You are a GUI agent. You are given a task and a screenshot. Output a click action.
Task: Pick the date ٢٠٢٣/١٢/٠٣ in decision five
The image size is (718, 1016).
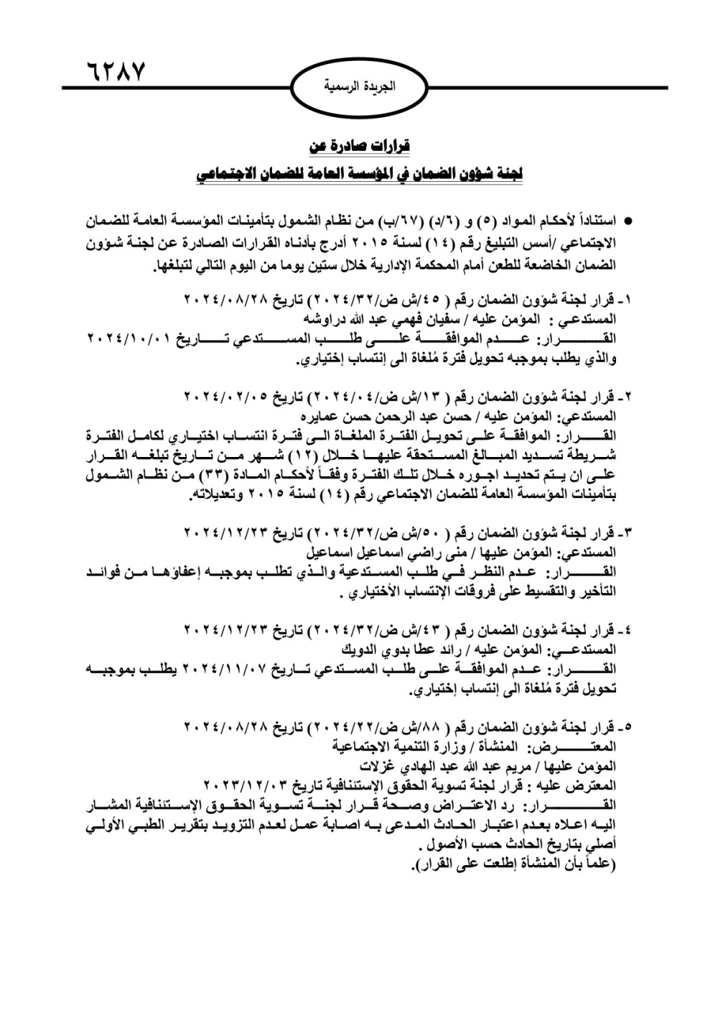248,785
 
